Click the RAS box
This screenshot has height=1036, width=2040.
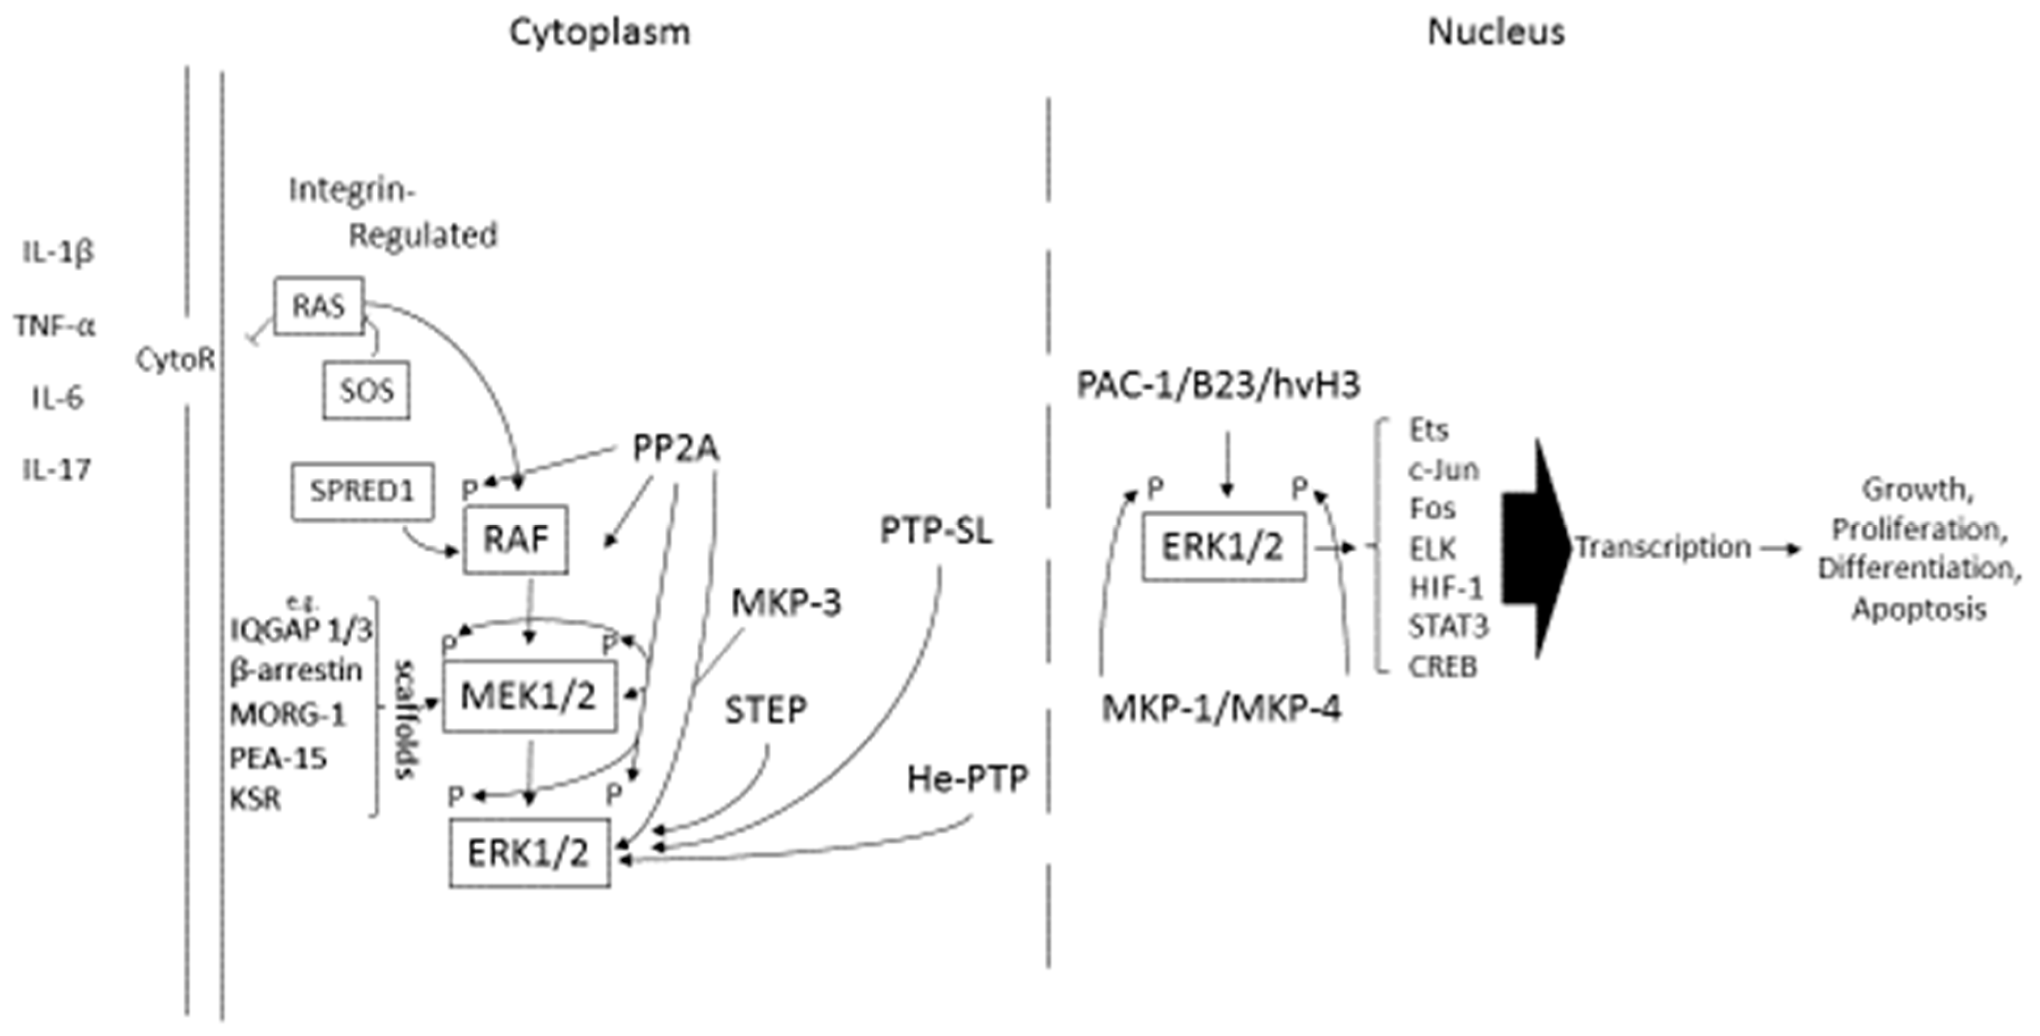pyautogui.click(x=318, y=306)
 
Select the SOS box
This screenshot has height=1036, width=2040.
pyautogui.click(x=366, y=390)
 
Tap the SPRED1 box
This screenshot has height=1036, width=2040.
pyautogui.click(x=362, y=492)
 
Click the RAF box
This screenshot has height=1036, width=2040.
pyautogui.click(x=516, y=540)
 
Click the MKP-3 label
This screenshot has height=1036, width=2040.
pyautogui.click(x=785, y=603)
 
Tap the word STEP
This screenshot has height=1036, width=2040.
pyautogui.click(x=766, y=710)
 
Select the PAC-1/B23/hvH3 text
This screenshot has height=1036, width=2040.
pyautogui.click(x=1218, y=385)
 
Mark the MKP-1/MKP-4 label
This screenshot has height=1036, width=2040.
pyautogui.click(x=1221, y=708)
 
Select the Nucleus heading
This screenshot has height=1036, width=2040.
pyautogui.click(x=1495, y=32)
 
